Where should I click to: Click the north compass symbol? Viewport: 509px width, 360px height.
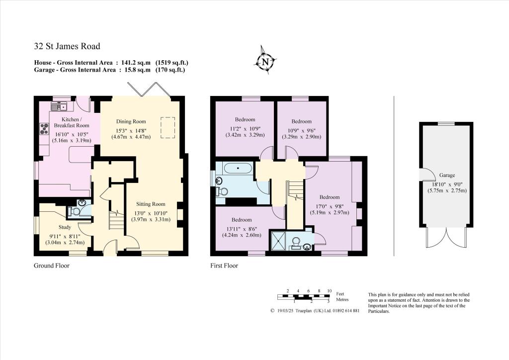tap(265, 62)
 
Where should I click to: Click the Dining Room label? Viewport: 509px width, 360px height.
tap(131, 121)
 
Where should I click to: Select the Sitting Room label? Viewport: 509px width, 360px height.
tap(151, 204)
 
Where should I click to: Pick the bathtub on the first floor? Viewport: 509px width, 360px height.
tap(238, 168)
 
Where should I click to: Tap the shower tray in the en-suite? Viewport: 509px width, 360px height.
tap(278, 241)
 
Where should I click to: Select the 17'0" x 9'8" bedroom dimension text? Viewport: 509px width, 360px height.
tap(330, 205)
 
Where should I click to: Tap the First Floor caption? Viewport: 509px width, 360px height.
tap(224, 266)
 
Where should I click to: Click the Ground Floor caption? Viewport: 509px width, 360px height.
tap(51, 266)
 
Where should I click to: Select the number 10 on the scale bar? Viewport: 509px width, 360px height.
tap(329, 290)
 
